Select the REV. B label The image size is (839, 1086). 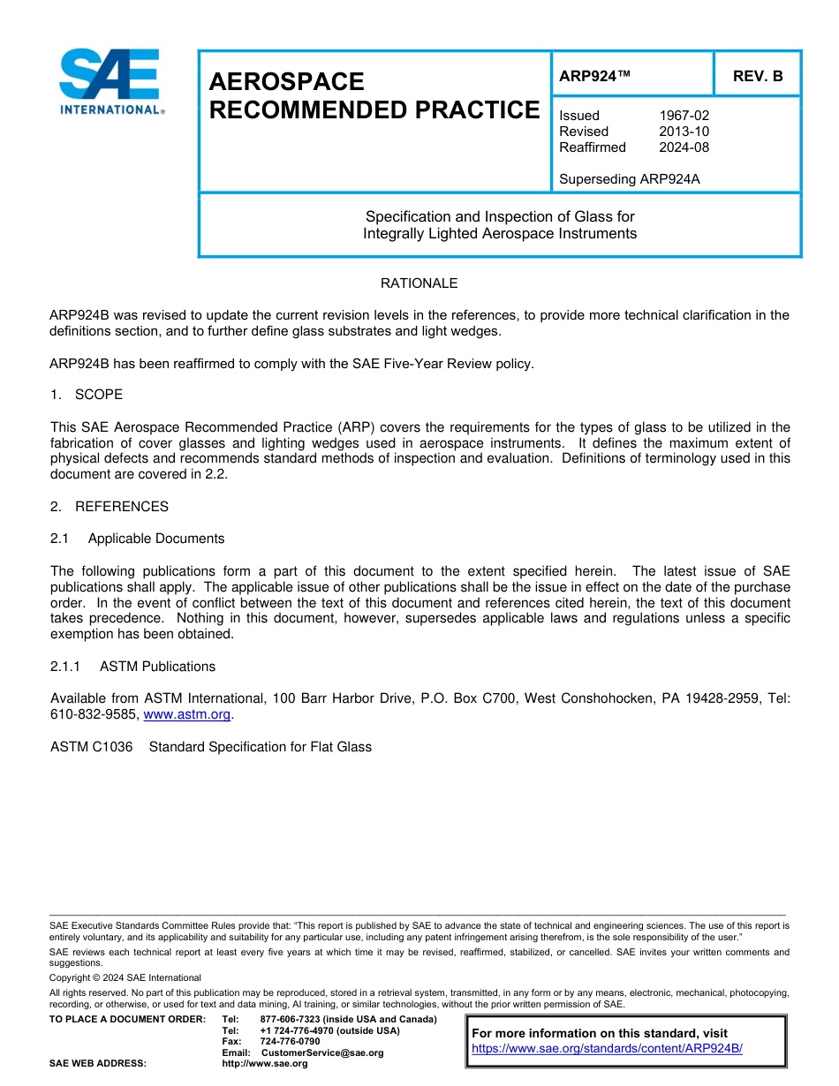coord(758,76)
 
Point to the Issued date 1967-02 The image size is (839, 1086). coord(684,116)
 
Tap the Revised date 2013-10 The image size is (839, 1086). coord(684,132)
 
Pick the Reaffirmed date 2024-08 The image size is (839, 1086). coord(684,147)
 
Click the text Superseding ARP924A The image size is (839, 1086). coord(629,179)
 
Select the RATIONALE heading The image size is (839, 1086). coord(419,283)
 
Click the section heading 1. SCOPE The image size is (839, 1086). coord(87,395)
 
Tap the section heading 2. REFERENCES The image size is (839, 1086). coord(109,507)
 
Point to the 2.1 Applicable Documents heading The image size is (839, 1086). coord(138,539)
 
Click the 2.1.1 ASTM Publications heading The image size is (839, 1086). coord(132,667)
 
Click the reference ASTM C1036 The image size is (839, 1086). coord(91,747)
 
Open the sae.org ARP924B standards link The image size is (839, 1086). coord(607,1049)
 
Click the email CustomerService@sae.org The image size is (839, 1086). coord(322,1052)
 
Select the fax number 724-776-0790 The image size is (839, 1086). coord(290,1042)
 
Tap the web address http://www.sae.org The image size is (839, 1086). coord(264,1063)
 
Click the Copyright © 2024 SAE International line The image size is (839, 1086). coord(125,977)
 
